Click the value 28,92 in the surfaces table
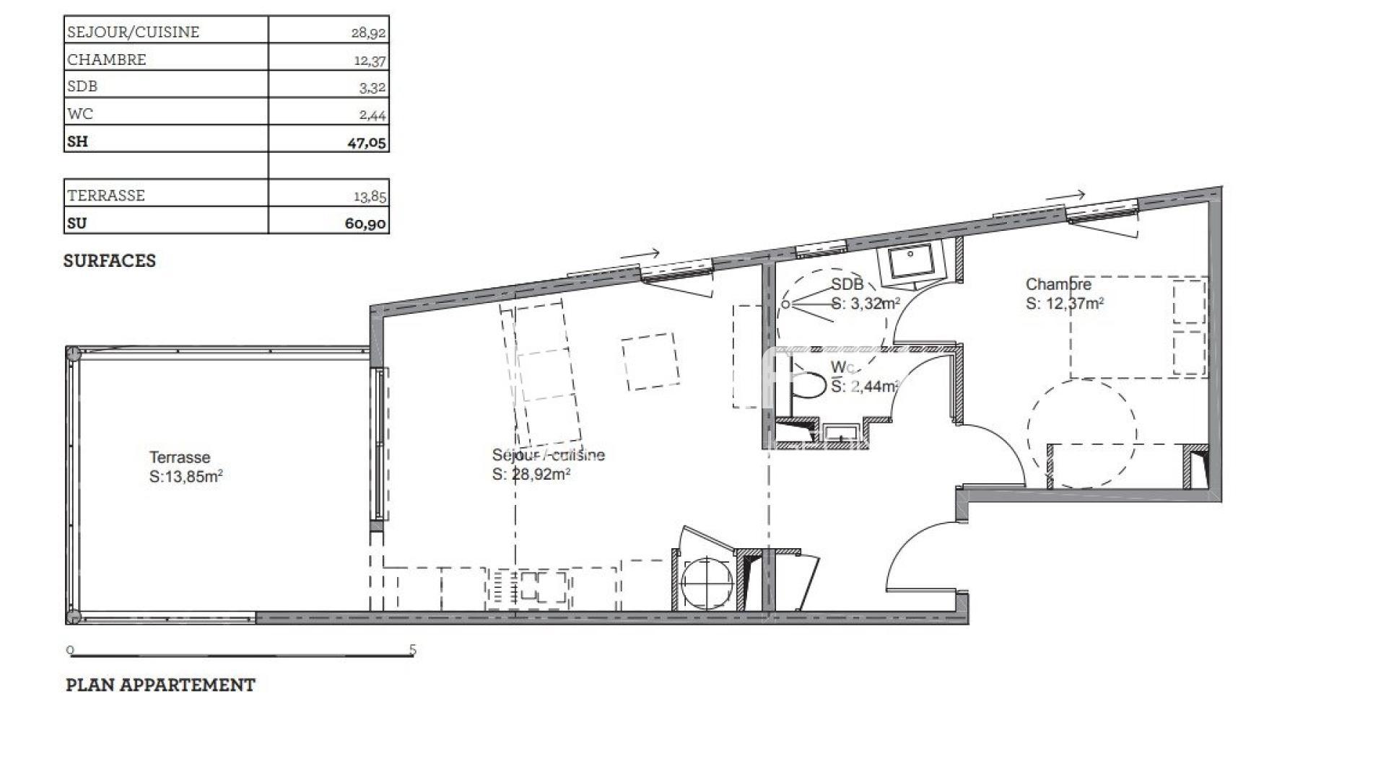(368, 32)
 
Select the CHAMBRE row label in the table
(107, 60)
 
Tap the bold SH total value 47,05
(367, 142)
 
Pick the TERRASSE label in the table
(106, 195)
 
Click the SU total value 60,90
(366, 224)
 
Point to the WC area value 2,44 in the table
(372, 115)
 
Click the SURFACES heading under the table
(110, 261)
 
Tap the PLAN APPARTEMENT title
(160, 685)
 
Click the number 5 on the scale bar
(413, 650)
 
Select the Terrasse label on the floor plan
(180, 457)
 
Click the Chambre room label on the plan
(1059, 284)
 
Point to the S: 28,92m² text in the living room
(532, 474)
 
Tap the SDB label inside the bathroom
(847, 284)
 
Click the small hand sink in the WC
(841, 432)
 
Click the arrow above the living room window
(640, 254)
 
